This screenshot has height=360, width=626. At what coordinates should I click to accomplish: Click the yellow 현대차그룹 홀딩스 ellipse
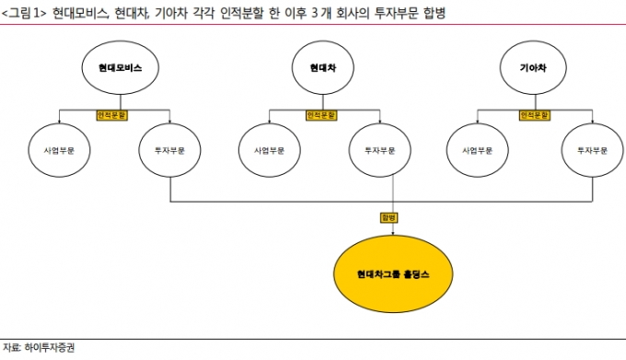pos(393,273)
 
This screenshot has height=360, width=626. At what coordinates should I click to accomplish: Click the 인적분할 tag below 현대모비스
pos(112,115)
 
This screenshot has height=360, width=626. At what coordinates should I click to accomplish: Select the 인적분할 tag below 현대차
pos(322,115)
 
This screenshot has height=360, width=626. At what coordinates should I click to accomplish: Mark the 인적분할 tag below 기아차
pos(535,115)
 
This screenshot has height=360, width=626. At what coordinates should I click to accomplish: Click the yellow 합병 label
pos(388,217)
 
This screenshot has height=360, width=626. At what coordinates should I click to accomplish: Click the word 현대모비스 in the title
pos(80,13)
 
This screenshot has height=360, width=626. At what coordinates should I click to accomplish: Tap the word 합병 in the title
pos(435,13)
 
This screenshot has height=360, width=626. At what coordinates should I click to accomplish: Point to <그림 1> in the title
pos(24,13)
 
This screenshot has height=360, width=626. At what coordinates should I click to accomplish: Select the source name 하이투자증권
pos(50,348)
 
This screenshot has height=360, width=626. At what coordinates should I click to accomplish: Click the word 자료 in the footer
pos(11,348)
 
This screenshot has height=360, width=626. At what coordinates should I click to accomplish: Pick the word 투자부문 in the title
pos(397,13)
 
